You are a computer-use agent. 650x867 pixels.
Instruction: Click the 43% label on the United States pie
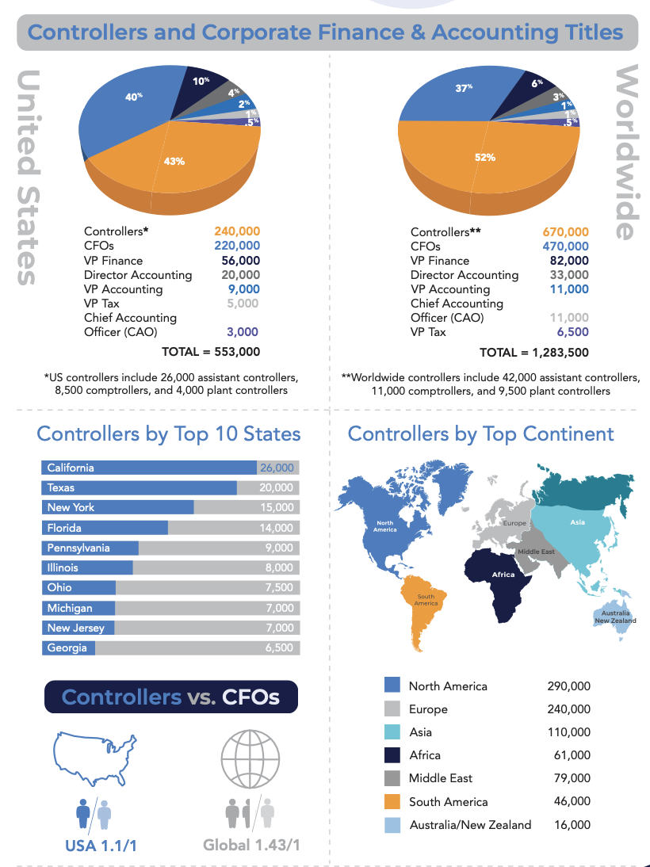174,161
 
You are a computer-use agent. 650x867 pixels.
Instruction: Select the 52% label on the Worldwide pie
485,158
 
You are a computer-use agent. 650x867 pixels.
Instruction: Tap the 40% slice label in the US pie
134,97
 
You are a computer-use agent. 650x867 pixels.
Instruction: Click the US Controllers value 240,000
236,232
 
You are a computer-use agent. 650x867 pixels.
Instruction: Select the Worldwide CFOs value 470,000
565,246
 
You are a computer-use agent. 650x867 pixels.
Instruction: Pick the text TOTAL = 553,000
211,351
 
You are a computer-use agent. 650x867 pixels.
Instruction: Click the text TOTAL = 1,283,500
533,352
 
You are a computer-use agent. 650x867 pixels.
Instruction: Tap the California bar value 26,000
277,468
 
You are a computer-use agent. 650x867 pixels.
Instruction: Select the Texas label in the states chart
61,488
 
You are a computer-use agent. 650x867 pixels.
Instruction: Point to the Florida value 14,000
277,528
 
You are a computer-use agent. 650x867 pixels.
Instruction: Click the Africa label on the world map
503,575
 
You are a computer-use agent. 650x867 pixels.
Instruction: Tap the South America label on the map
426,601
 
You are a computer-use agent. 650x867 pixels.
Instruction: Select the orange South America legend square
392,801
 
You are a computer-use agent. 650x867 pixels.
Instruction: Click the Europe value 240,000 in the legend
568,709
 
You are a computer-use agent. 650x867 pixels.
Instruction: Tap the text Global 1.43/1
252,845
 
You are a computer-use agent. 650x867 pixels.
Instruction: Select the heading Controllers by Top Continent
480,434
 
